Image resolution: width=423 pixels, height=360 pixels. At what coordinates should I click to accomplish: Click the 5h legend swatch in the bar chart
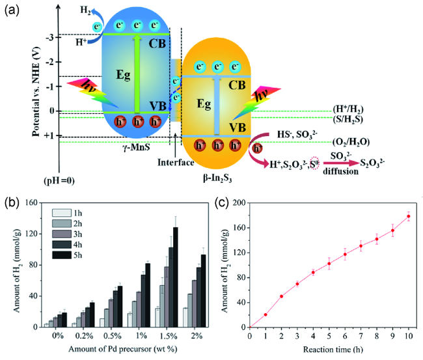tap(61, 255)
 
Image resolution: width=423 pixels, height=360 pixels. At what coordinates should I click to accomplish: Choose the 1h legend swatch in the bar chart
tap(61, 213)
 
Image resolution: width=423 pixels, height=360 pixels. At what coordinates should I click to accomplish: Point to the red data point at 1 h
tap(266, 314)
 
